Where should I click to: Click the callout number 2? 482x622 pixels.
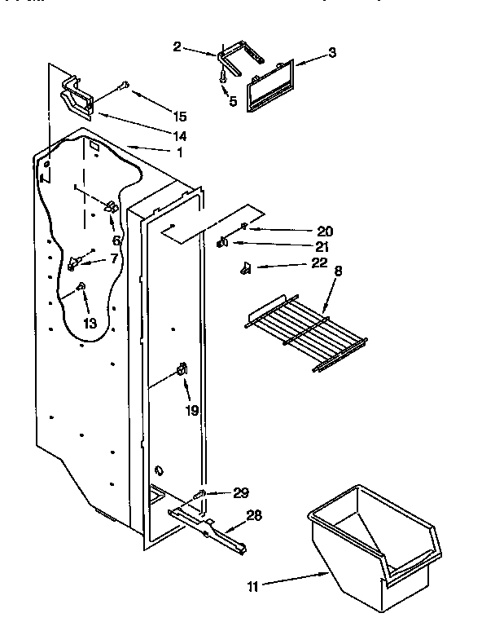[x=177, y=47]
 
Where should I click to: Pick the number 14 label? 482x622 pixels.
[x=179, y=135]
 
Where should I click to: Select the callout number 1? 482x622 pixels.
[x=179, y=152]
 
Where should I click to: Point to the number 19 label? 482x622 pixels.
[x=191, y=411]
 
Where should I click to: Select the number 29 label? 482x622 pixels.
[x=240, y=492]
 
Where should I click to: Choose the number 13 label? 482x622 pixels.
[x=90, y=324]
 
